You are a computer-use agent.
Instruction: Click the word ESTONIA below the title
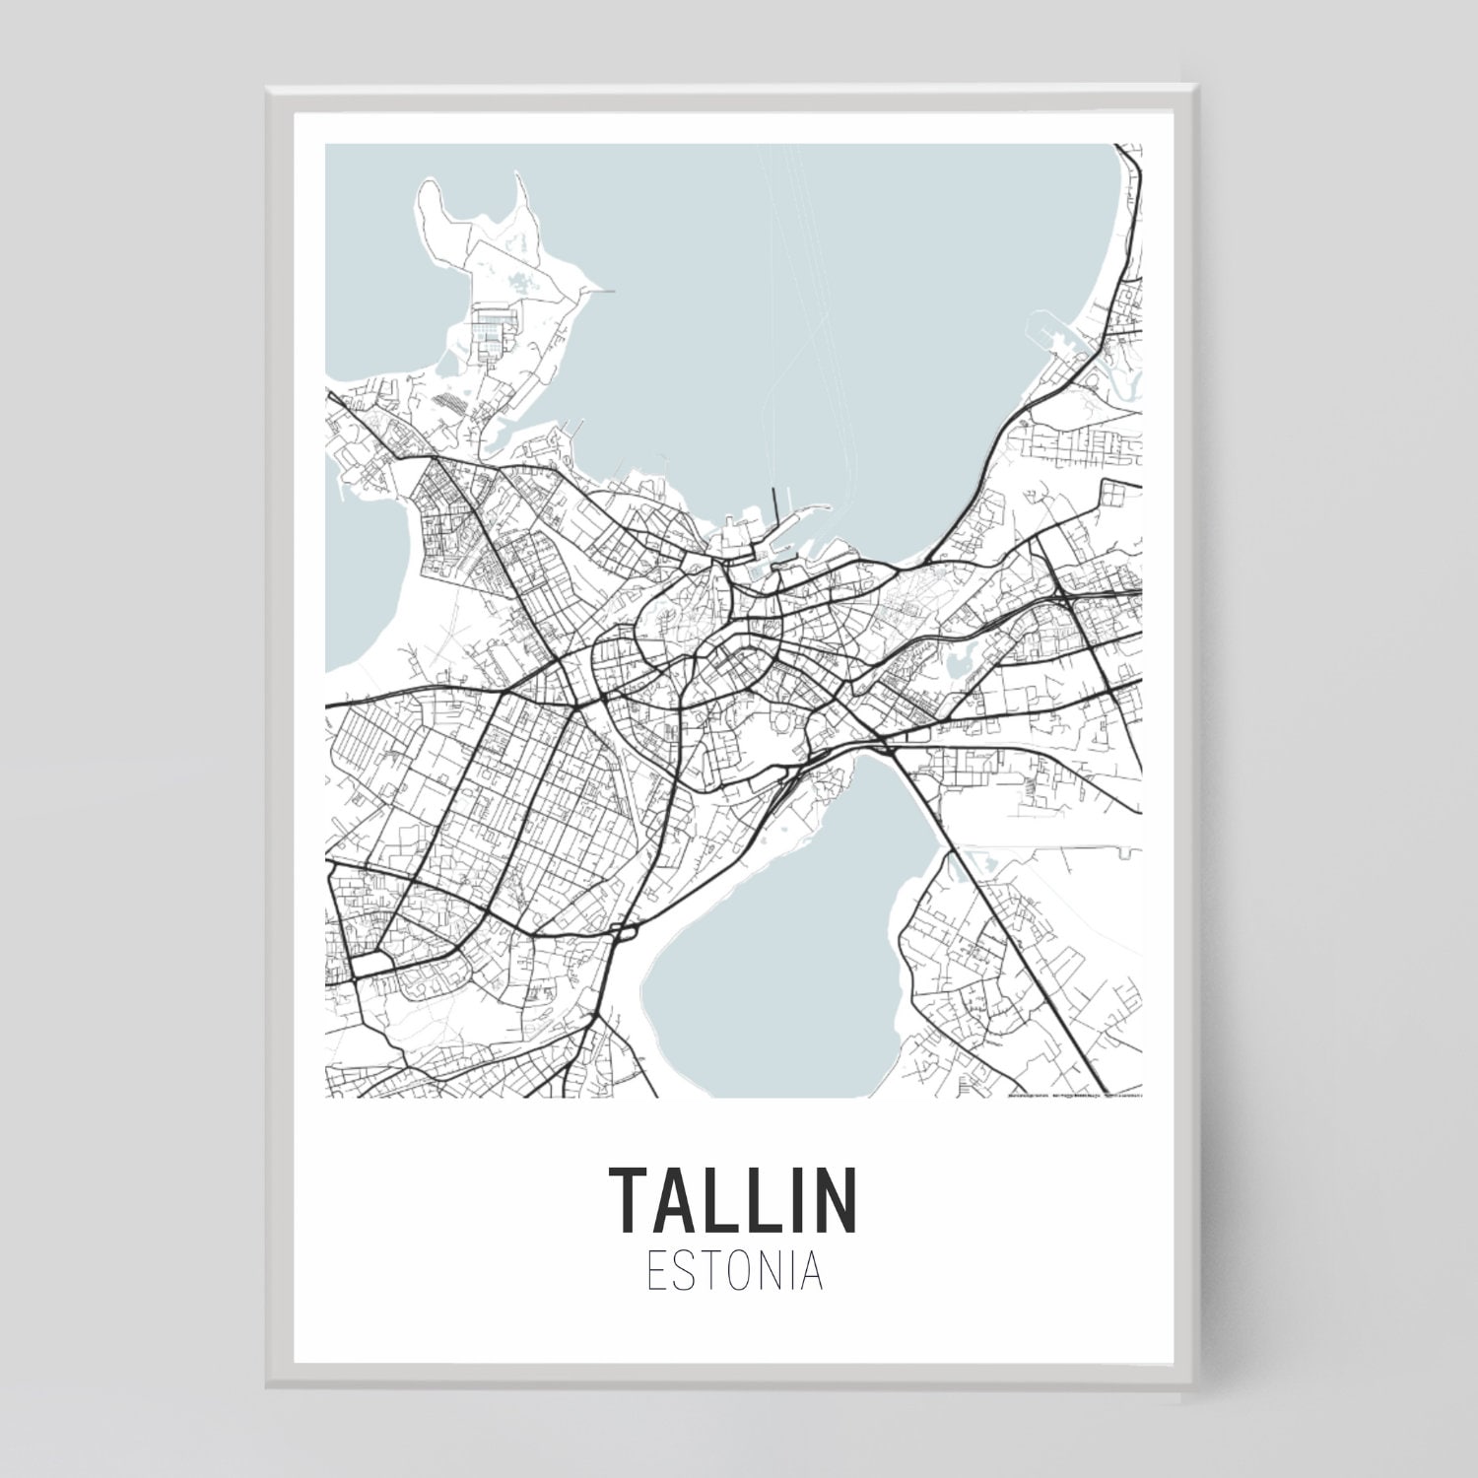(734, 1271)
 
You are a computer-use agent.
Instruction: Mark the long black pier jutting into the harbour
(774, 512)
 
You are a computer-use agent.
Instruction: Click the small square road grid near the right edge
(1114, 498)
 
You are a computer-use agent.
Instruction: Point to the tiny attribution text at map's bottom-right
(1074, 1094)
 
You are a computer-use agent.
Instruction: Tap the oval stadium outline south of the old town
(785, 724)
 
